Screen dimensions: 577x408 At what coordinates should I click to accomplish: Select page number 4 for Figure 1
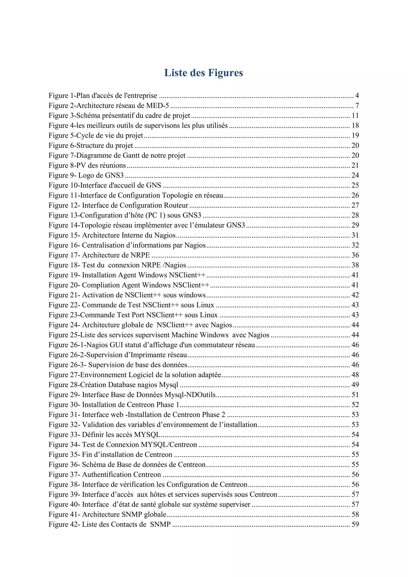point(357,95)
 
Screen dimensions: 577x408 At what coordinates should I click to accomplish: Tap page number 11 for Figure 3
point(355,116)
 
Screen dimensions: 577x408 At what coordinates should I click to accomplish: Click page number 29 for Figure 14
point(355,225)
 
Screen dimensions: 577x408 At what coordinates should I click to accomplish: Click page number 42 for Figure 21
point(355,295)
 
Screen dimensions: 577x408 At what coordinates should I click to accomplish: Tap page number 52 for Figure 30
point(355,405)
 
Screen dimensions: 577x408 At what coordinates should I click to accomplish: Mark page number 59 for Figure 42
point(355,524)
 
